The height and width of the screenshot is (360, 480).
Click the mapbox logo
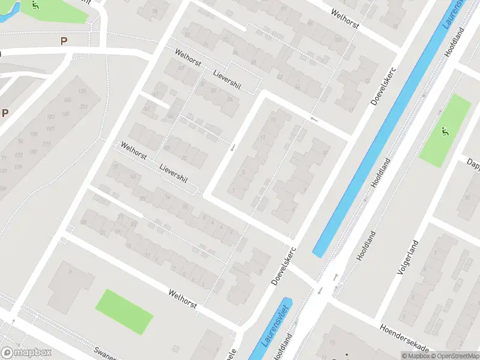[x=26, y=352]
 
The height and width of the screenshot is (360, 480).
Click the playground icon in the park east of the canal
[x=444, y=131]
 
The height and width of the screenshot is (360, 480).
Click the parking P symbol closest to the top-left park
[x=64, y=41]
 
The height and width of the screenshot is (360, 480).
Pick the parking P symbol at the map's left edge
[x=5, y=113]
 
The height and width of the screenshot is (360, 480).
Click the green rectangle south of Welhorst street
[x=124, y=311]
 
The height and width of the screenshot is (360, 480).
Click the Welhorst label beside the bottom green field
[x=182, y=299]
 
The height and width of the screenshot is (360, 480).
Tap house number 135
[x=82, y=91]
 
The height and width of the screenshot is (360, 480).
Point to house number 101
[x=338, y=40]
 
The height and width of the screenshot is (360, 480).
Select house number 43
[x=133, y=176]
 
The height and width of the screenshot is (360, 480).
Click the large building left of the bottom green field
[x=70, y=286]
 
